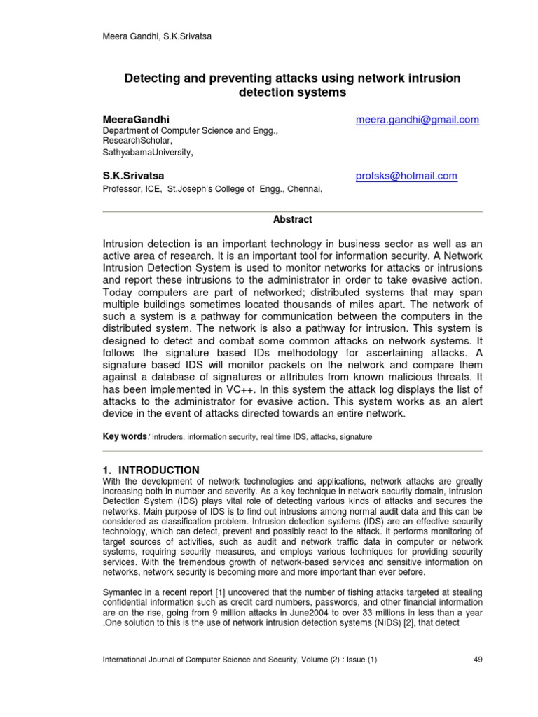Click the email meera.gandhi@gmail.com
click(418, 120)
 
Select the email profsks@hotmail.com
click(406, 176)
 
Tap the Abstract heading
click(292, 220)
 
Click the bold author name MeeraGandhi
click(136, 120)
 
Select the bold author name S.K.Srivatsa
click(133, 176)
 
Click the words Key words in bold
click(125, 436)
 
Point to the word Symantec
click(124, 592)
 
